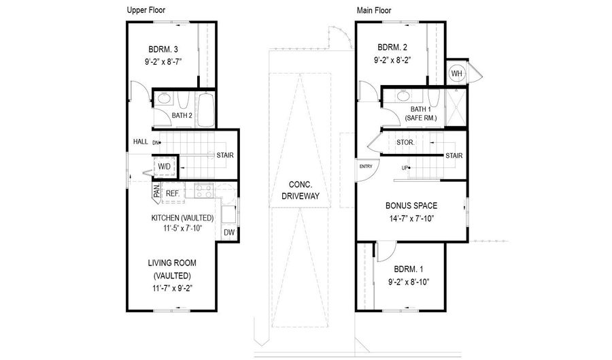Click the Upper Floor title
[x=146, y=10]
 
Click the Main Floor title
[x=375, y=10]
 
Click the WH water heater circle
[x=456, y=73]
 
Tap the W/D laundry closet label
[x=165, y=166]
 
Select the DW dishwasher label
[x=229, y=232]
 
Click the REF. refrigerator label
[x=173, y=193]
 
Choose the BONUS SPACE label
[x=411, y=206]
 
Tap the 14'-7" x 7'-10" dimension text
[x=410, y=218]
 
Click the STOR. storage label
[x=406, y=143]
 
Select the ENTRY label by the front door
[x=365, y=166]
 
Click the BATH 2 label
[x=182, y=116]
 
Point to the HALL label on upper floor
[x=141, y=142]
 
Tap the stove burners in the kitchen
[x=204, y=191]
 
